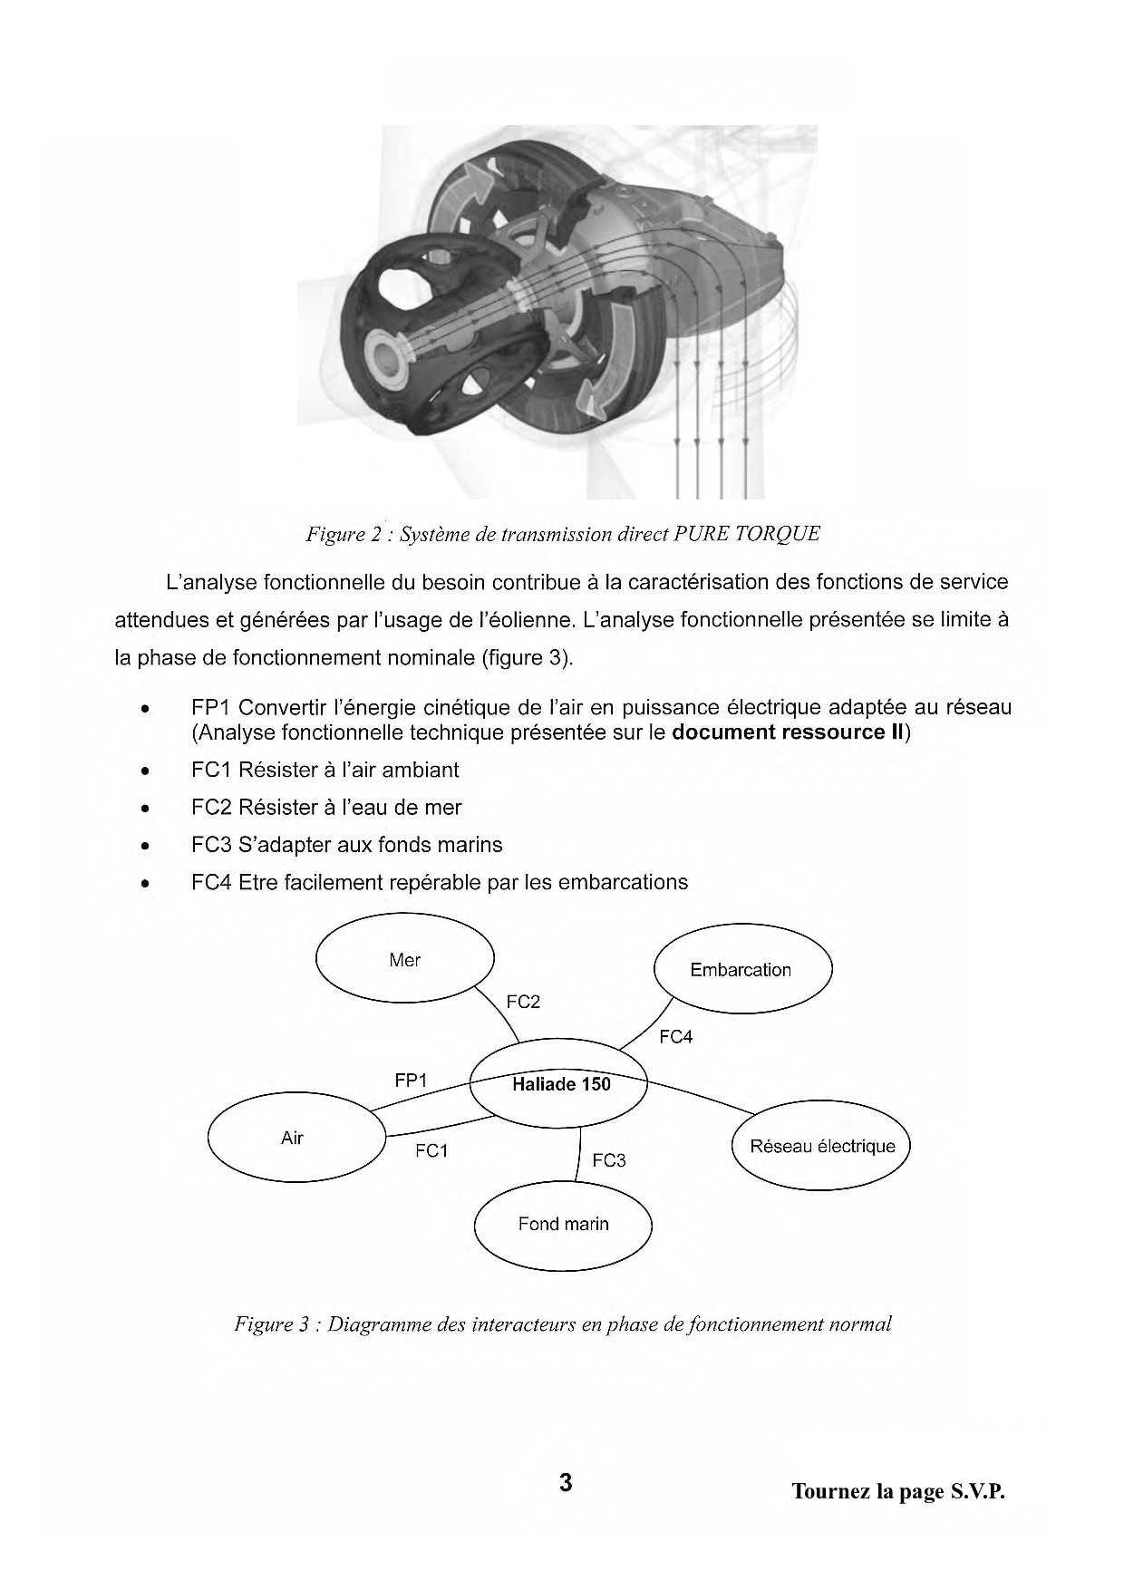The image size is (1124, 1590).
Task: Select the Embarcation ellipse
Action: point(741,970)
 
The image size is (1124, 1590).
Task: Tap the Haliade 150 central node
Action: point(560,1084)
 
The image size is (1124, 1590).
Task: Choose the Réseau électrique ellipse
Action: point(821,1147)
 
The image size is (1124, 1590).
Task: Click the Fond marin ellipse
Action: point(563,1224)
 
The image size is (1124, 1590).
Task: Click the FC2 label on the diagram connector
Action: point(523,1002)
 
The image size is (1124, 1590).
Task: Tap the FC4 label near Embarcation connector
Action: point(676,1037)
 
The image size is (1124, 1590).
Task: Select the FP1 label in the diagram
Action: point(411,1081)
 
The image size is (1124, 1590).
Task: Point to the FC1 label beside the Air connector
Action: point(431,1151)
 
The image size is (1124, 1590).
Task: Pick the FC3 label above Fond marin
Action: point(609,1160)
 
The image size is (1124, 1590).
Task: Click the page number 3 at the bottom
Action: point(566,1483)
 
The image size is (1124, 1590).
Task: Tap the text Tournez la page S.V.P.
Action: point(898,1491)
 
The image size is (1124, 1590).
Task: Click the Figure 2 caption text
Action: point(562,534)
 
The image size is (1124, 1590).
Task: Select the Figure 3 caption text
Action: point(562,1324)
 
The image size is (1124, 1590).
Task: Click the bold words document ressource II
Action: point(788,732)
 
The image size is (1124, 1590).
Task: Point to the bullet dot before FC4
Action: point(144,884)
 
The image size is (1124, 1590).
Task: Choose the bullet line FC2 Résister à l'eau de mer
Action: point(326,808)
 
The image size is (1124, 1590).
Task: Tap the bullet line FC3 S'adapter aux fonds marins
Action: point(346,845)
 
